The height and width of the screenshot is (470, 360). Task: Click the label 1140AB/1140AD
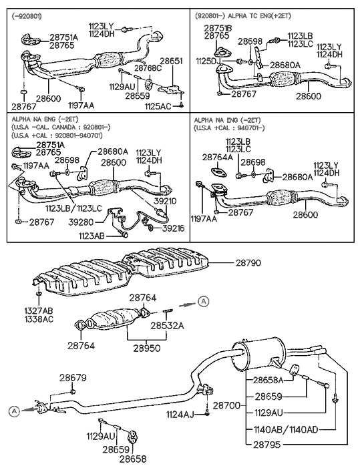click(283, 429)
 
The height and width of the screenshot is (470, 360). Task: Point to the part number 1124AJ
click(181, 415)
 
